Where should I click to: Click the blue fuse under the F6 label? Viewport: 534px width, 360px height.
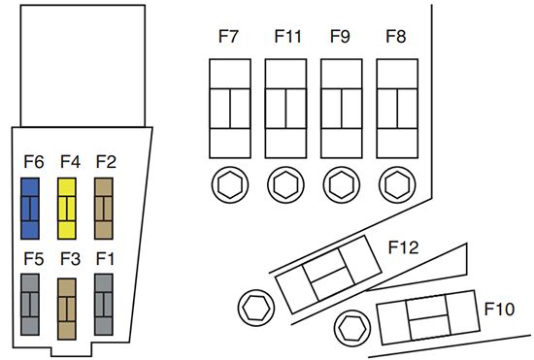click(31, 208)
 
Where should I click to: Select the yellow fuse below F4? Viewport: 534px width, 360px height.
click(68, 208)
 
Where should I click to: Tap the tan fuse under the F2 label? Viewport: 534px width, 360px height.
click(105, 208)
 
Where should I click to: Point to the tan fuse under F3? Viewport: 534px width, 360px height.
click(68, 308)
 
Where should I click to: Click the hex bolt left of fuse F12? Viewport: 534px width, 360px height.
click(254, 308)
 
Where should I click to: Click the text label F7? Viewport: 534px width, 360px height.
click(229, 38)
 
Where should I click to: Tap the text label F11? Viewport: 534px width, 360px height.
click(287, 38)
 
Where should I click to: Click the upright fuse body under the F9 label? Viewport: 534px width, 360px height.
click(341, 107)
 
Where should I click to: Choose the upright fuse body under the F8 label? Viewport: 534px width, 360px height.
click(395, 107)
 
